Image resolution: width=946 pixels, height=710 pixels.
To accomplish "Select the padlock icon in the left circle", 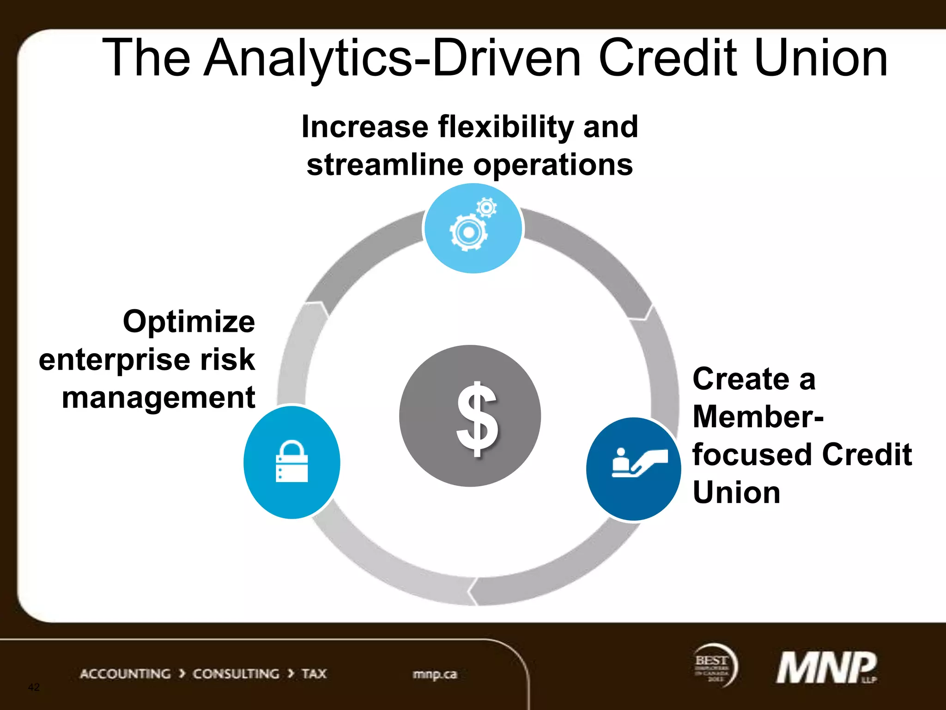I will click(x=291, y=462).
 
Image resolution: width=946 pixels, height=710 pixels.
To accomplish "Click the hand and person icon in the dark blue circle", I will click(x=638, y=463).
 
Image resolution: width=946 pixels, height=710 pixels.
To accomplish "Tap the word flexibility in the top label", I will click(x=505, y=127).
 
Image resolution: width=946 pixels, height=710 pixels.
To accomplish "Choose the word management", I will click(x=158, y=398).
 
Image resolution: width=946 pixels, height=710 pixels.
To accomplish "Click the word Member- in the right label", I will click(x=758, y=416).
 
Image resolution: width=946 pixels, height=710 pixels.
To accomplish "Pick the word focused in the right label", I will click(x=753, y=454).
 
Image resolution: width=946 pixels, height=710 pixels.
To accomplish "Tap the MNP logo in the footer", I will click(x=826, y=667).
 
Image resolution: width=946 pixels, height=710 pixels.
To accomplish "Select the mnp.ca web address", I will click(x=434, y=674).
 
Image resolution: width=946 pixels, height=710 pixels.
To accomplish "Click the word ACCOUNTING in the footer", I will click(x=125, y=674).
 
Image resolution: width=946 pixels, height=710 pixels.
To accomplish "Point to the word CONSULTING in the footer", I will click(x=236, y=674).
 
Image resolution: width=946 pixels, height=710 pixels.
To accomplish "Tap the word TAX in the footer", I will click(x=314, y=674).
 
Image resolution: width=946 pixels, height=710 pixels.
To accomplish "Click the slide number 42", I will click(x=34, y=687).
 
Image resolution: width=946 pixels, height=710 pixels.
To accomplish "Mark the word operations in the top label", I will click(x=552, y=165).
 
